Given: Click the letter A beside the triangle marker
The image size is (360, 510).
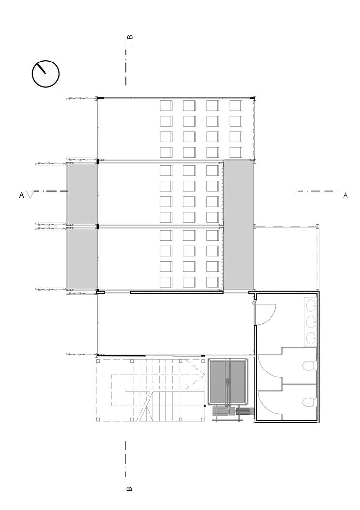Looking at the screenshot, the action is pyautogui.click(x=21, y=195).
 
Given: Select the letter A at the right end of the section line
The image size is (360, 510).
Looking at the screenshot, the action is pyautogui.click(x=345, y=195).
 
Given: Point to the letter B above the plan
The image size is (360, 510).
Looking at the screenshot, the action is pyautogui.click(x=129, y=37).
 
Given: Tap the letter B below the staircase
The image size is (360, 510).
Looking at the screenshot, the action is pyautogui.click(x=129, y=489).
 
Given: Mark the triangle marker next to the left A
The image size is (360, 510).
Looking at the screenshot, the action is pyautogui.click(x=30, y=195).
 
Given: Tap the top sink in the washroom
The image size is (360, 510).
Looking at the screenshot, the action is pyautogui.click(x=311, y=306).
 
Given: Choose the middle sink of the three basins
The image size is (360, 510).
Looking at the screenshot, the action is pyautogui.click(x=311, y=322).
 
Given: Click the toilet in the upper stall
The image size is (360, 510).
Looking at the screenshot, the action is pyautogui.click(x=309, y=366).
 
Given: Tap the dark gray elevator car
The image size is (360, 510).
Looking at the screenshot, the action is pyautogui.click(x=227, y=381).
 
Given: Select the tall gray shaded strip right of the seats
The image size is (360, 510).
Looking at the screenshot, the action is pyautogui.click(x=239, y=224).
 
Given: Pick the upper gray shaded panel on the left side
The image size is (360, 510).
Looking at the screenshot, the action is pyautogui.click(x=83, y=194).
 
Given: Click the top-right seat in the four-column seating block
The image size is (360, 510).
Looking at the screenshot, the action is pyautogui.click(x=236, y=106).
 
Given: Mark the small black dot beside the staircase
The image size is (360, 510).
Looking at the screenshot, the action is pyautogui.click(x=205, y=406).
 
